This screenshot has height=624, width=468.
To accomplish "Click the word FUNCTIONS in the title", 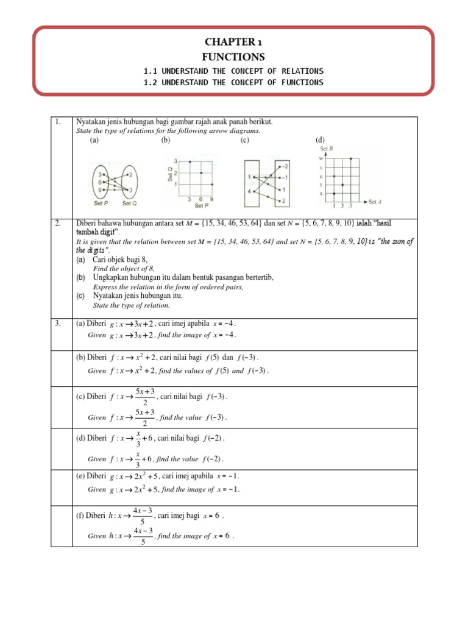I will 233,57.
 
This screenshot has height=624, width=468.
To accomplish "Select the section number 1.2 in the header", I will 149,83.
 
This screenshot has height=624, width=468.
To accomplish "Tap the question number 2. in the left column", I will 58,224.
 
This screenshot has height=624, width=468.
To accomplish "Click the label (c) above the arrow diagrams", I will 245,140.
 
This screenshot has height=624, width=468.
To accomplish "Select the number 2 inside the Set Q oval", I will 132,174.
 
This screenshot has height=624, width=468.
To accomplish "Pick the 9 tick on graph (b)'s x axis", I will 211,199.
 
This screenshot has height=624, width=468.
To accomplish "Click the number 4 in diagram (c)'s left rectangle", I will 249,191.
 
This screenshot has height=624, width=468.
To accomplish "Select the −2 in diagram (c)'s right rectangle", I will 285,166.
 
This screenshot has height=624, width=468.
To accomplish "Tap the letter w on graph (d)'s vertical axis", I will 321,158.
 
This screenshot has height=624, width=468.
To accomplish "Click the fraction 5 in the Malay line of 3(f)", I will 143,521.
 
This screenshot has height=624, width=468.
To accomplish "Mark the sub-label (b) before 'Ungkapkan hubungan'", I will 80,277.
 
